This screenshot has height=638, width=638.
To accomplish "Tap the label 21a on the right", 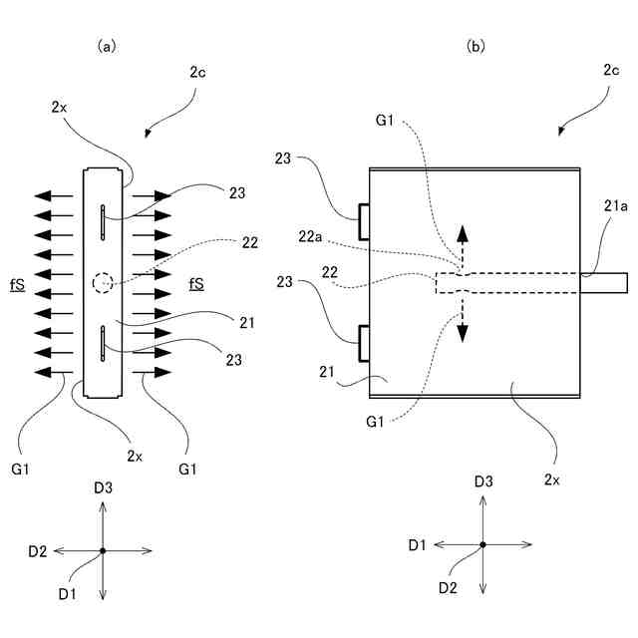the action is pos(615,206).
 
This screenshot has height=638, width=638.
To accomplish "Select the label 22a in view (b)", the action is pos(310,236).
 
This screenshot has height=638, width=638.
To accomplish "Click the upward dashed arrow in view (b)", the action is pos(463,247).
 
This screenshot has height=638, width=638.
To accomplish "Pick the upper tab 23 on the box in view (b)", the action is pos(364,222).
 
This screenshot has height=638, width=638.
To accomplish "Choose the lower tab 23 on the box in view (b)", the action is pos(364,343).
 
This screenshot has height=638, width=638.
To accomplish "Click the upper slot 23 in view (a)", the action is pos(103,222).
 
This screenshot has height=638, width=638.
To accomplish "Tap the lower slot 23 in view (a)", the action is pos(103,343).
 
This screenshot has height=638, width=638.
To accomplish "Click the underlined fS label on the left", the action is pos(18,285).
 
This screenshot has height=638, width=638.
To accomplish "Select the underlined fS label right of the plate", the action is pos(196,283).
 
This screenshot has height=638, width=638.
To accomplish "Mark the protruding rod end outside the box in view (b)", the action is pos(604,283).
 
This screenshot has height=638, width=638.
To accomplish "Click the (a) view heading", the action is pos(107,47).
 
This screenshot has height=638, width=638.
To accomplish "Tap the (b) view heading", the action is pos(476,47).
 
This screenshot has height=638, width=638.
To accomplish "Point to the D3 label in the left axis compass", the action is pos(103,487).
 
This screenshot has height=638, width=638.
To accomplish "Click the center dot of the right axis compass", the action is pos(482,544).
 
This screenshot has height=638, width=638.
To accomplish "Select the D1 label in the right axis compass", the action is pos(417,545).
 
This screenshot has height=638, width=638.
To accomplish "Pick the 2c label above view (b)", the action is pos(611,70).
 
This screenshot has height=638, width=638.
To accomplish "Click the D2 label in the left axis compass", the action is pos(38,551).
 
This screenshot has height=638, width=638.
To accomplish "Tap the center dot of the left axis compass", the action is pos(103,550).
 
